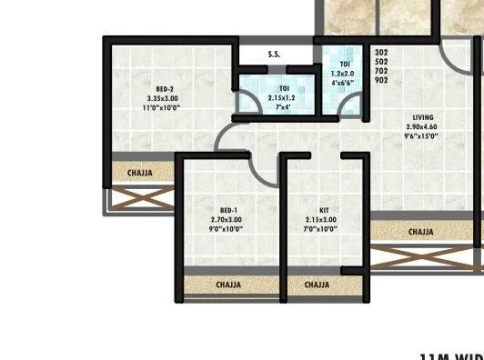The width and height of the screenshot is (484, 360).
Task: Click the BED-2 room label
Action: (x=165, y=88)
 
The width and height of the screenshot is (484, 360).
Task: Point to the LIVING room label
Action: (x=422, y=117)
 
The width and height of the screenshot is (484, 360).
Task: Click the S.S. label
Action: (x=274, y=55)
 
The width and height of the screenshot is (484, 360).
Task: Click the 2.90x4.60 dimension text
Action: (x=422, y=126)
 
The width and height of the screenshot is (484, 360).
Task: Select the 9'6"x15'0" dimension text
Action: (x=422, y=136)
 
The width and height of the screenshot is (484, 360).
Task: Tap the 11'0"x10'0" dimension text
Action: (x=162, y=107)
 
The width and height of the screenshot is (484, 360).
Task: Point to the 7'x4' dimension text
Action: (x=278, y=105)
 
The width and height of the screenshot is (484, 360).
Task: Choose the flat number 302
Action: (x=381, y=54)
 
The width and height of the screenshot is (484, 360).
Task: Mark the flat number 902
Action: (x=381, y=81)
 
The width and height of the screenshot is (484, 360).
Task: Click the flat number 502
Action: (x=381, y=63)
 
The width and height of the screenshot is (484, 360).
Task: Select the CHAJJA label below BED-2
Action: (x=139, y=172)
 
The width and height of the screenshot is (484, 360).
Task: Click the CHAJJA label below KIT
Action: (x=317, y=285)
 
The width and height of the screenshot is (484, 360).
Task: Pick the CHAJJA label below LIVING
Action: (x=420, y=233)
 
